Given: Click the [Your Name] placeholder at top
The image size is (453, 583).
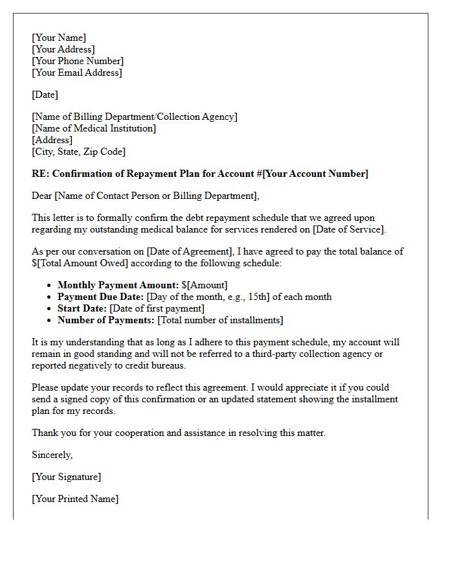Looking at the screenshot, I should (59, 38).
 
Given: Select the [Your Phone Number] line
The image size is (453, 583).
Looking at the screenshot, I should (78, 61).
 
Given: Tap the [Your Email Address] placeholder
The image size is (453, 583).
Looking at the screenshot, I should (77, 73).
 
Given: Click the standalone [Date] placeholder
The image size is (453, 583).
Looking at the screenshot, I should (45, 95).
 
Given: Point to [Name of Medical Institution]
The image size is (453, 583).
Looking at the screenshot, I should (94, 128).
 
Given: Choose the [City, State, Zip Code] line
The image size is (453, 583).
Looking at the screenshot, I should (79, 152).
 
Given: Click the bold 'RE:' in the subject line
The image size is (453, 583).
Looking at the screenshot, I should (41, 174).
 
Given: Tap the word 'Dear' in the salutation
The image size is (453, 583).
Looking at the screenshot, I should (42, 196).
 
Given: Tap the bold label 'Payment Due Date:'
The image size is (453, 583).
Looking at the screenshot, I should (100, 297).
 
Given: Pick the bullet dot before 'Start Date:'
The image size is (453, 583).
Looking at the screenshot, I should (50, 308).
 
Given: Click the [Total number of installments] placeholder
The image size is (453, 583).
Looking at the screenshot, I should (220, 320).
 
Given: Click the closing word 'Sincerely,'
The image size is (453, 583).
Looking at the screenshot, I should (52, 455).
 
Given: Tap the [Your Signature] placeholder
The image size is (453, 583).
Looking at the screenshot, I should (66, 477).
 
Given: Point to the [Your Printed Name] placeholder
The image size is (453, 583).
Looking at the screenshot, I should (75, 499).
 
